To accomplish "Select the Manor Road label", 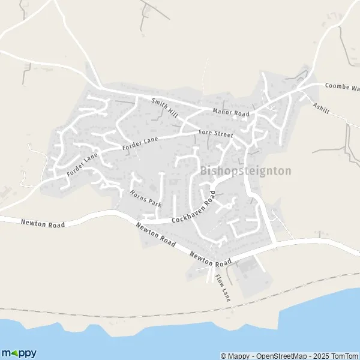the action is [x=230, y=112].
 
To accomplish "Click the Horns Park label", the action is [x=145, y=198].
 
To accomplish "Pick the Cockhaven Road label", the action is [x=193, y=212].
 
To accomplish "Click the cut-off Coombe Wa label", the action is [x=342, y=88].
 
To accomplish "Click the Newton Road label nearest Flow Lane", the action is [x=211, y=259].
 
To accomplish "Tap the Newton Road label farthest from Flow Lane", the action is [x=42, y=223].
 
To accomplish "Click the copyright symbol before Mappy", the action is [x=224, y=356].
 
